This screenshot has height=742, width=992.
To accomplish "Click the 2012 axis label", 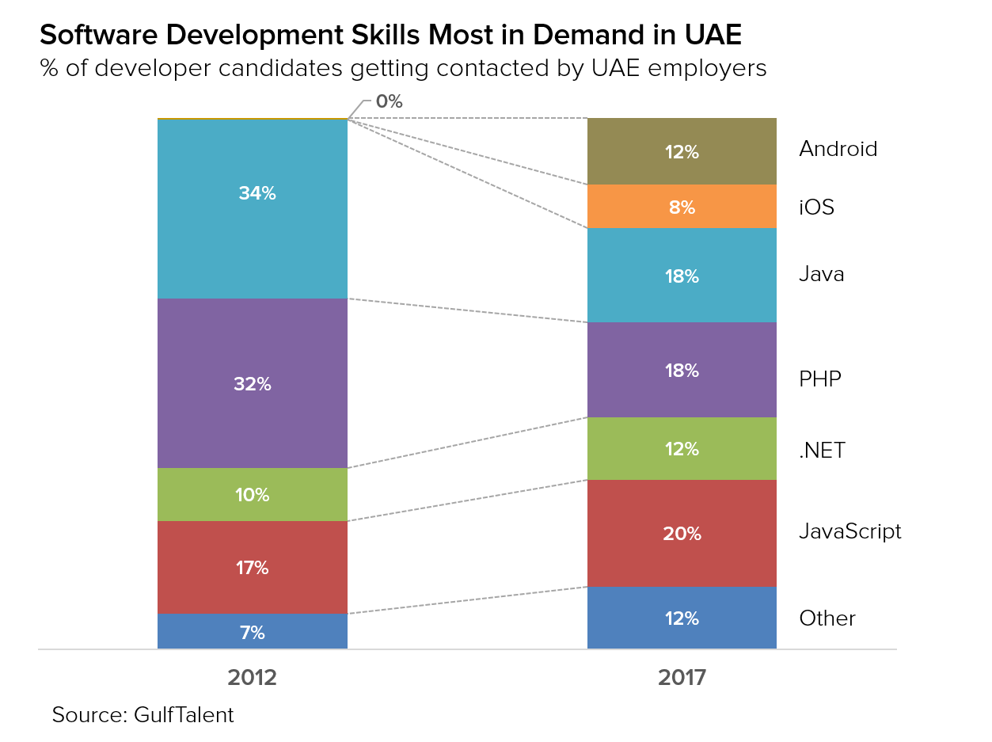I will tap(252, 678).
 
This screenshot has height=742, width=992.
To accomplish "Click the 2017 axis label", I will tap(682, 678).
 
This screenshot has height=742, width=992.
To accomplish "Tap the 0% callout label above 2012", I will tap(389, 101).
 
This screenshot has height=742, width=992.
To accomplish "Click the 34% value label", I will tap(257, 193).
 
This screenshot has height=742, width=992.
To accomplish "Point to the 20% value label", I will tap(682, 534).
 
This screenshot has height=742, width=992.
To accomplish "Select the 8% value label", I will tap(682, 207).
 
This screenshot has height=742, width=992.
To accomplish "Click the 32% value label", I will tap(253, 384).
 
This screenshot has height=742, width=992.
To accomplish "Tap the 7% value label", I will tap(253, 633).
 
